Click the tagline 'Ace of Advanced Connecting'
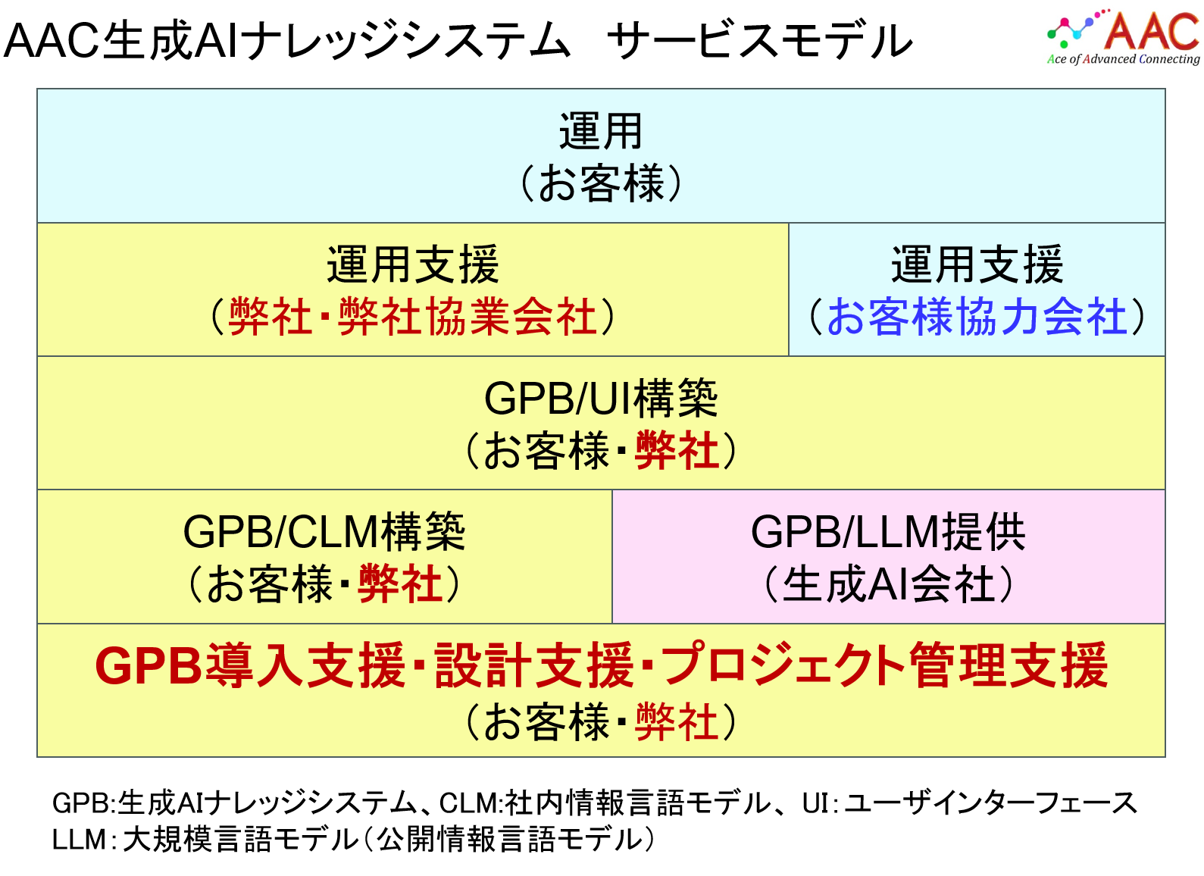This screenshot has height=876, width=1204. [1124, 59]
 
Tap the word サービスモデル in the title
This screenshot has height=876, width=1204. [759, 39]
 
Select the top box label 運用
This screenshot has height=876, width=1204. [600, 131]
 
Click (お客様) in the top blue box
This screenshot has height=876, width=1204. [600, 184]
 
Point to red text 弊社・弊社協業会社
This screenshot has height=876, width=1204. [413, 317]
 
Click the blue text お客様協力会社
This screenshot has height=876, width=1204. [977, 317]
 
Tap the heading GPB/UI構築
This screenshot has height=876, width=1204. [600, 399]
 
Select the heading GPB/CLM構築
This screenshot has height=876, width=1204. [324, 532]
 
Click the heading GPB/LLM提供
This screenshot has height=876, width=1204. [888, 532]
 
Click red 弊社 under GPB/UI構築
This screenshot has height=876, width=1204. [677, 450]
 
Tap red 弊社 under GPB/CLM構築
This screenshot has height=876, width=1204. [400, 584]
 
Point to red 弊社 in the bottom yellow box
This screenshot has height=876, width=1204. [677, 722]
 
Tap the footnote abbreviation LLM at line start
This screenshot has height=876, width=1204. [79, 840]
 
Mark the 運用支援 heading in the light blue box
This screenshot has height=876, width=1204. [977, 264]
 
